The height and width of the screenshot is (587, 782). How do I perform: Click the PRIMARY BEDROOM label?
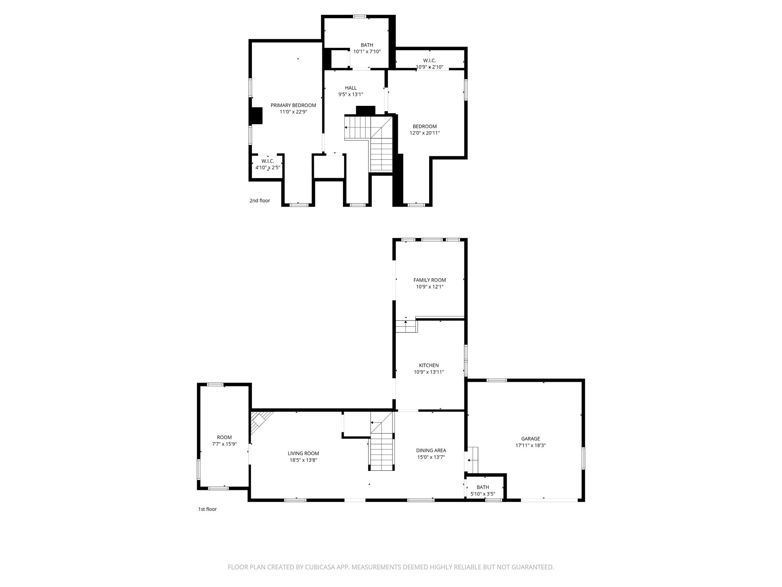(x=293, y=105)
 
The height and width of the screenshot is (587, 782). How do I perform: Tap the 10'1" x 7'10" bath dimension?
(x=367, y=52)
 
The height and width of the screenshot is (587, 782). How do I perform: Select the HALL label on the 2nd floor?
(x=351, y=88)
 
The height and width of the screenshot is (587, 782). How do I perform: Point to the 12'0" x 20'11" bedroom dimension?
(x=425, y=133)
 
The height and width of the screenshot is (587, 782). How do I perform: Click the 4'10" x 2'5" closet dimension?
(x=268, y=167)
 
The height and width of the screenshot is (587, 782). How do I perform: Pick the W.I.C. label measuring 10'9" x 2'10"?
(x=429, y=60)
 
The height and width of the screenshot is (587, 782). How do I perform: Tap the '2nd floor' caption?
(x=260, y=201)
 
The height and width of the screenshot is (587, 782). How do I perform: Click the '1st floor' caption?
(x=207, y=509)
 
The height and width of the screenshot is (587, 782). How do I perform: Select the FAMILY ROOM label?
(x=430, y=280)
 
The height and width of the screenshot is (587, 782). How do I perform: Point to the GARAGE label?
(x=530, y=439)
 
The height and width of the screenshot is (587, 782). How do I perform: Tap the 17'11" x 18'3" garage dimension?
(x=530, y=445)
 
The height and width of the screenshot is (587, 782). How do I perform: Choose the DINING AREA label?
(x=431, y=451)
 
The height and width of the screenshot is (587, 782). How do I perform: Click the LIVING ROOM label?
(x=303, y=454)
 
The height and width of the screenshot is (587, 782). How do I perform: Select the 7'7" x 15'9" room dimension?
(x=224, y=444)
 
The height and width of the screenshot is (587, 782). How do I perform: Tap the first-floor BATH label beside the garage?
(x=483, y=487)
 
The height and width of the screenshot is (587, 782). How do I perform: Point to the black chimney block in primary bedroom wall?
(x=256, y=116)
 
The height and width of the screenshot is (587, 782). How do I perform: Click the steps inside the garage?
(x=473, y=460)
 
